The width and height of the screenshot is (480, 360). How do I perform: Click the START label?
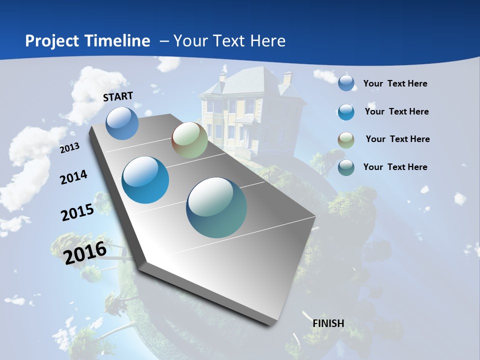[x=118, y=96]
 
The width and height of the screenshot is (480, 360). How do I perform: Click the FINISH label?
[x=328, y=323]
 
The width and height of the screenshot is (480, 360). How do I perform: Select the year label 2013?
[x=69, y=148]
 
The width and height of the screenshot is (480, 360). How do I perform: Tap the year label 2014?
[x=73, y=177]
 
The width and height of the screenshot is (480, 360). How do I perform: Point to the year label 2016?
[x=85, y=252]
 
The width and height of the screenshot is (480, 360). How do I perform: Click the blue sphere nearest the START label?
[x=122, y=123]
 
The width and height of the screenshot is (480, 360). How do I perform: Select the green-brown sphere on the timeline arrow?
[x=189, y=140]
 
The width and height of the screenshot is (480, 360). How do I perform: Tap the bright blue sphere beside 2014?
[x=145, y=180]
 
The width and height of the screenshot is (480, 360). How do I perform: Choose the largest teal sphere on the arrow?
[x=216, y=207]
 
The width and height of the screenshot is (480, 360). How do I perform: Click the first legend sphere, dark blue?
[x=346, y=83]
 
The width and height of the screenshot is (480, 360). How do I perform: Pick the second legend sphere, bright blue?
[x=346, y=112]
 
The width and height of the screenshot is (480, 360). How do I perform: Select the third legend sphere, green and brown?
[x=346, y=140]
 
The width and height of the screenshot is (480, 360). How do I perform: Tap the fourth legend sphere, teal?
[x=346, y=167]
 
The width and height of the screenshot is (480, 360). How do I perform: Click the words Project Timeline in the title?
[x=87, y=41]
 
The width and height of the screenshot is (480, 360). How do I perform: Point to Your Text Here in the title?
[x=229, y=41]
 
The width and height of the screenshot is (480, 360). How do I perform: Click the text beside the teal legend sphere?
[x=395, y=167]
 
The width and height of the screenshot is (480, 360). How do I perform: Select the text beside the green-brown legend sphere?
[x=397, y=139]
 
